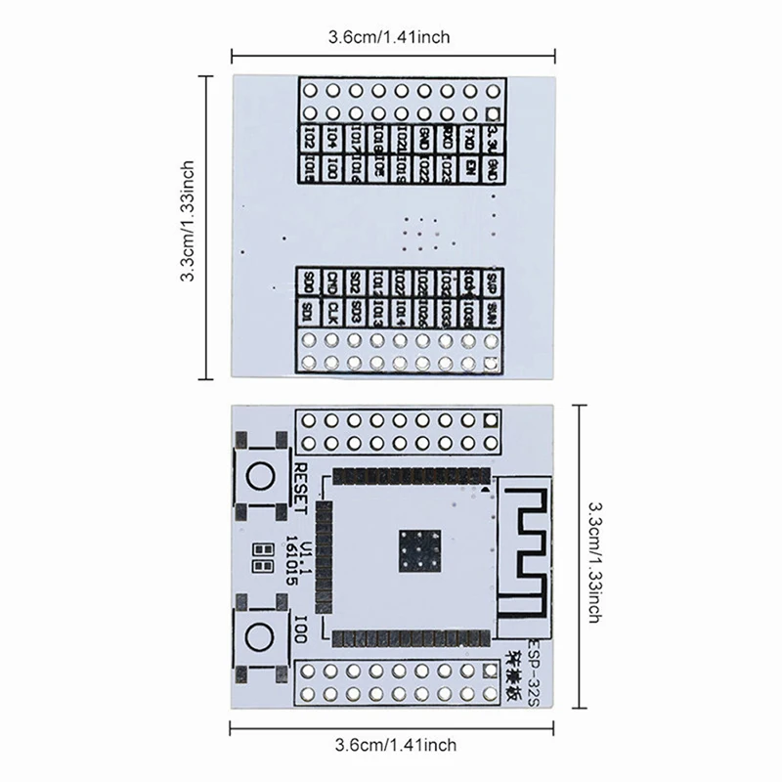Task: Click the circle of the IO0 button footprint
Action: click(260, 636)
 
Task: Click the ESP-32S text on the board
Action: click(537, 662)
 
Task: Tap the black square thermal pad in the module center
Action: click(419, 552)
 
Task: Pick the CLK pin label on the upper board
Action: click(331, 313)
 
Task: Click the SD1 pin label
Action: click(309, 313)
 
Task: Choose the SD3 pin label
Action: click(355, 313)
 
